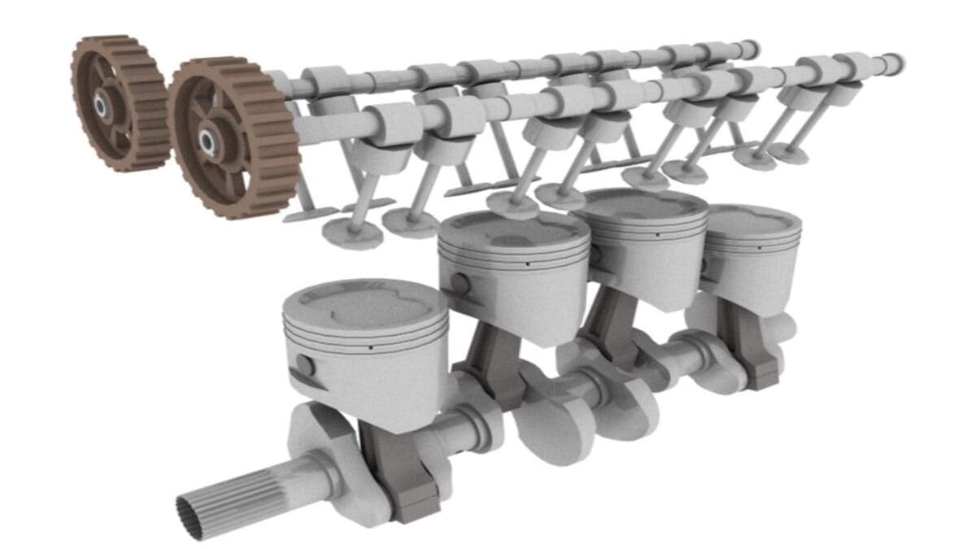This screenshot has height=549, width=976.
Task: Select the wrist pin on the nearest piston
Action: (304, 365)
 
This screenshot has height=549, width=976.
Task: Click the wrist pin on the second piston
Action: (460, 284)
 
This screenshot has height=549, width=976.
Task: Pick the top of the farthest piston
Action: (752, 219)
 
